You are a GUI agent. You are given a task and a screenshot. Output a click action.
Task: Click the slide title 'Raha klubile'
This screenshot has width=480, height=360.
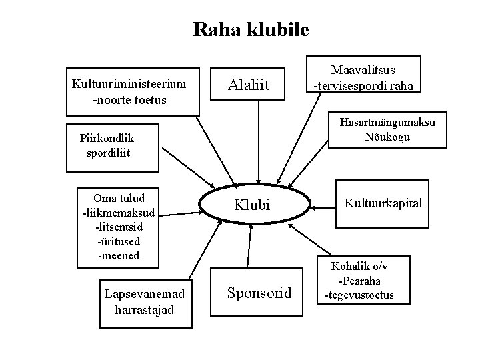[x=251, y=29]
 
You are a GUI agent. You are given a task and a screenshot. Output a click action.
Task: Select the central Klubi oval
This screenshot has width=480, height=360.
[x=251, y=205]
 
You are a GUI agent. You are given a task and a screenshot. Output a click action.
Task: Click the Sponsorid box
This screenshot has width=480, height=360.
[x=259, y=292]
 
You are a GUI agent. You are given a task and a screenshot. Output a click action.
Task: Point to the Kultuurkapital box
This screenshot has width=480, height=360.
[x=383, y=203]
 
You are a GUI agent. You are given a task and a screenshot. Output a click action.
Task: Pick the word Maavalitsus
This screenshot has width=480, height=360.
[x=363, y=70]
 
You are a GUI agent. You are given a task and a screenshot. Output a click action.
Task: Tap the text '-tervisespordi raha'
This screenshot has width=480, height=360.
[x=363, y=85]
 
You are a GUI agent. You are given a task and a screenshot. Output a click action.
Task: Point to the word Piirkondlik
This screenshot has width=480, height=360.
[x=107, y=139]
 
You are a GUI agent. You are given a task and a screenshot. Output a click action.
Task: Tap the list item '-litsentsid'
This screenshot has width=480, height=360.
[x=119, y=227]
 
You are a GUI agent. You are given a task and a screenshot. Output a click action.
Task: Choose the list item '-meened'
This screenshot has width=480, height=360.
[x=119, y=255]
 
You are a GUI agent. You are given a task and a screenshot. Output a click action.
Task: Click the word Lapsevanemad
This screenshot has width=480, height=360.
[x=144, y=295]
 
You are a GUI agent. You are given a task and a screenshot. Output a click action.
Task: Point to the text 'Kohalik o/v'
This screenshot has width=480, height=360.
[x=359, y=266]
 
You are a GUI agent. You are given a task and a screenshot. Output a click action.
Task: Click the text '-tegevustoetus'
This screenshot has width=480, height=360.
[x=359, y=295]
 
